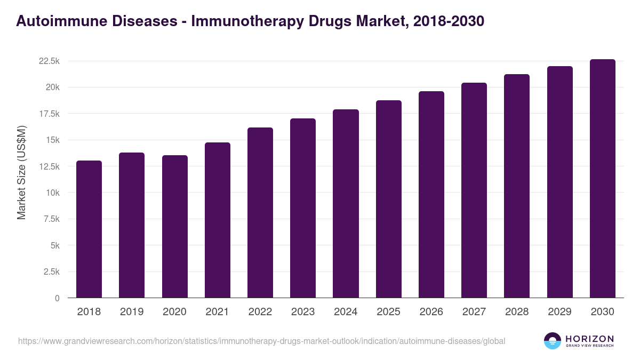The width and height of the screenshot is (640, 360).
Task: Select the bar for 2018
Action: tap(89, 229)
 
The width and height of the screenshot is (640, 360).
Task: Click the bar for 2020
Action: tap(174, 227)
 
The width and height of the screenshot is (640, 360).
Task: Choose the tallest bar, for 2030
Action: tap(602, 178)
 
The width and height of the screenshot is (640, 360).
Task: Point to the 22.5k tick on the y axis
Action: tap(49, 61)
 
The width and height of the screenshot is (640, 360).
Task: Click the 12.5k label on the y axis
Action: tap(49, 167)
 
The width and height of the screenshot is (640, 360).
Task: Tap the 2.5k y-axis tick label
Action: tap(52, 272)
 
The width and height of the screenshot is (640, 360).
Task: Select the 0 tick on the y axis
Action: tap(57, 298)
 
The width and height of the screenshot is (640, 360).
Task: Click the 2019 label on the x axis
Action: tap(132, 312)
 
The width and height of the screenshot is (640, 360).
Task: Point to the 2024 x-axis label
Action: tap(346, 312)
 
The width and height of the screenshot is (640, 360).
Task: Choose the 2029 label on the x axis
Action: tap(559, 312)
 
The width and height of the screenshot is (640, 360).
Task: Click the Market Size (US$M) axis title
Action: tap(21, 172)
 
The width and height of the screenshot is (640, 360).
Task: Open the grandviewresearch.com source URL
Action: tap(262, 341)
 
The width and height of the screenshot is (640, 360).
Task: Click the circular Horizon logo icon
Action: tap(553, 341)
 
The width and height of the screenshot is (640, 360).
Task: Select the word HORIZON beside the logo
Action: tap(589, 339)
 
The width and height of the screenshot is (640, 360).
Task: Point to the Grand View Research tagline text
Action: tap(589, 346)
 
